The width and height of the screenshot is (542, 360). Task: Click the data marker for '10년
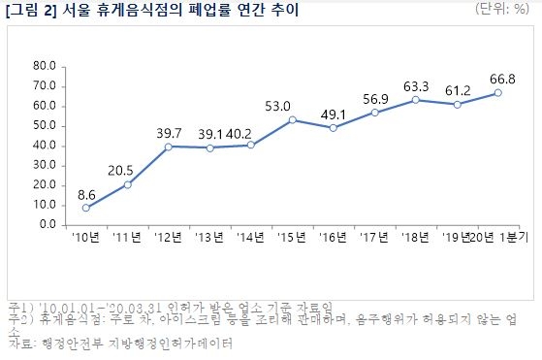point(86,208)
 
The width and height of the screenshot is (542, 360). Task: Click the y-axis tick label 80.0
point(45,66)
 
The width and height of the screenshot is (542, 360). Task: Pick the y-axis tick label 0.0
point(48,224)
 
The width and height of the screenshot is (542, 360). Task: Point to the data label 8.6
point(86,193)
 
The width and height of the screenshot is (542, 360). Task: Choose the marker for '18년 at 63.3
point(415,100)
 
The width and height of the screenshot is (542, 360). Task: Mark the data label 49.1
point(333,113)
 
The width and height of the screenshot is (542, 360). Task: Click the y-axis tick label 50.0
point(45,125)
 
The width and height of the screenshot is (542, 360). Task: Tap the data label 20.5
point(127,169)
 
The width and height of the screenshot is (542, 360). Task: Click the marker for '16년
point(333,127)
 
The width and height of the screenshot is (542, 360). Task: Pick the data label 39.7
point(169,132)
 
